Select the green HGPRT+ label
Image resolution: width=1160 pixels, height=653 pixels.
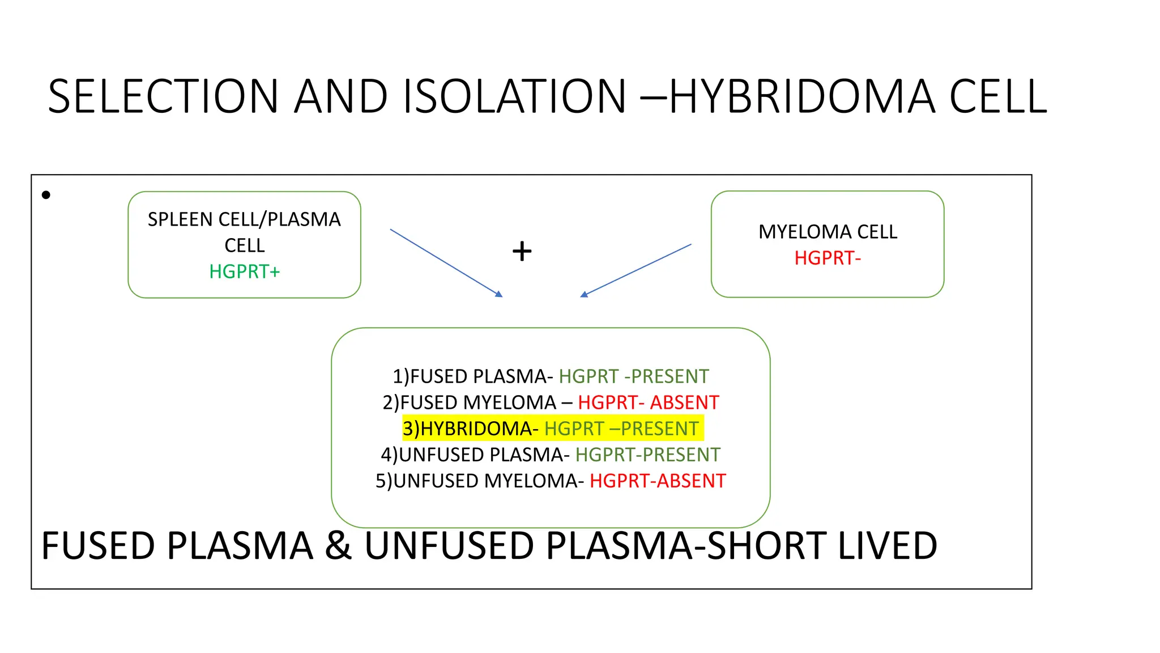pyautogui.click(x=244, y=272)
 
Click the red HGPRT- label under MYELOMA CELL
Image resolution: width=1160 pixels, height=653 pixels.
pyautogui.click(x=827, y=258)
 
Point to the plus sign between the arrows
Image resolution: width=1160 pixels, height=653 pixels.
pyautogui.click(x=522, y=251)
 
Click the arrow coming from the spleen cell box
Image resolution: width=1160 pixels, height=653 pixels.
pyautogui.click(x=446, y=262)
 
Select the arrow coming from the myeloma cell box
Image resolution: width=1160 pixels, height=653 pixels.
pyautogui.click(x=636, y=270)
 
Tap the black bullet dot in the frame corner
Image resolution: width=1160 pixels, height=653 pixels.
pyautogui.click(x=46, y=195)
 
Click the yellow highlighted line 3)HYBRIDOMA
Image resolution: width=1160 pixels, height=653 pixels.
pyautogui.click(x=552, y=429)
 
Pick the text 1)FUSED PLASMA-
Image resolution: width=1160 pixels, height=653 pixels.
pyautogui.click(x=472, y=376)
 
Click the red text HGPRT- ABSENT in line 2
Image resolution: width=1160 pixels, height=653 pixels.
pyautogui.click(x=648, y=402)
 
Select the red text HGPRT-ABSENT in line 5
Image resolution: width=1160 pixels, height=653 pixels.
pyautogui.click(x=657, y=481)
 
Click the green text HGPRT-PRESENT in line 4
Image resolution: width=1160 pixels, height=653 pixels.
pyautogui.click(x=647, y=455)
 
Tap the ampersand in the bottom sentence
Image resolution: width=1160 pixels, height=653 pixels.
pyautogui.click(x=338, y=546)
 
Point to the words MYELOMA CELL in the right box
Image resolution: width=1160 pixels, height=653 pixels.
pyautogui.click(x=827, y=232)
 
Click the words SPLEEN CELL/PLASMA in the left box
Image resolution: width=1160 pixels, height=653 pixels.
pyautogui.click(x=244, y=219)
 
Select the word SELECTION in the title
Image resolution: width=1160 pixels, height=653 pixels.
pyautogui.click(x=163, y=96)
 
